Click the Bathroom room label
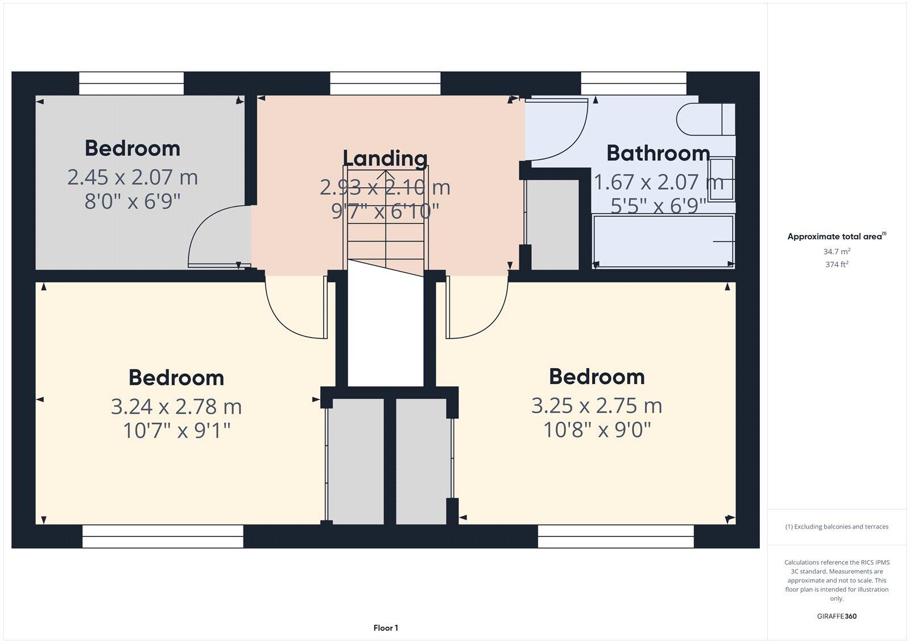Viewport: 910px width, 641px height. tap(658, 153)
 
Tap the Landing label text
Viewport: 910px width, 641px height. tap(385, 157)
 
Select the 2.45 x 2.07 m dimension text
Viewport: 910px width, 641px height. tap(133, 177)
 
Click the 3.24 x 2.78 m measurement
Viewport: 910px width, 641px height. tap(176, 407)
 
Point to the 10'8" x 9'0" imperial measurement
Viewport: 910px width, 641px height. tap(597, 430)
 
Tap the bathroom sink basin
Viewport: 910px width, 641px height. tap(721, 179)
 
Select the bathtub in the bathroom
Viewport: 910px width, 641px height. tap(663, 241)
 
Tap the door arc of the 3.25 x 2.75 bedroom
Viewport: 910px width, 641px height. tap(478, 310)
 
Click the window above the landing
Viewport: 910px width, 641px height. tap(385, 84)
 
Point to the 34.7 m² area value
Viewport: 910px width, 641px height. tap(837, 251)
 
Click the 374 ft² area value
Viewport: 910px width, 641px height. tap(837, 264)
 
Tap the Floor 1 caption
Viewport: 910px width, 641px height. tap(386, 628)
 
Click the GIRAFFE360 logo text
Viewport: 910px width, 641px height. tap(837, 616)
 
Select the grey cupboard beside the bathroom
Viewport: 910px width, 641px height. tap(551, 224)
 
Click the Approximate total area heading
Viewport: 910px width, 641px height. tap(835, 236)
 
